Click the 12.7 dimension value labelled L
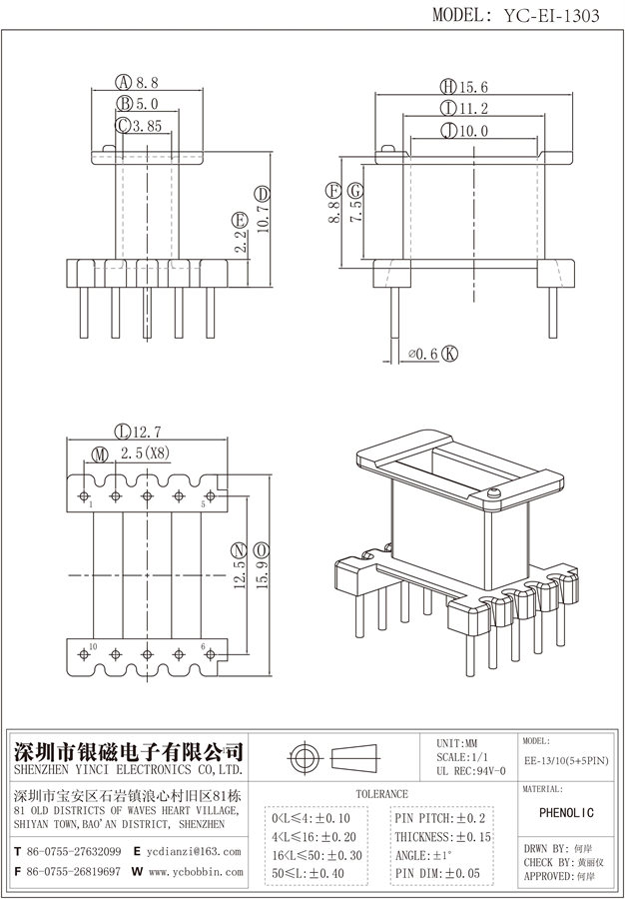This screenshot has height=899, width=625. [x=145, y=432]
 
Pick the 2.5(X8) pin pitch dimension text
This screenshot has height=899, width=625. [x=146, y=454]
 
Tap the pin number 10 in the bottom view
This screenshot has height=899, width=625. [x=92, y=647]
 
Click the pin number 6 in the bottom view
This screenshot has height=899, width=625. [x=204, y=647]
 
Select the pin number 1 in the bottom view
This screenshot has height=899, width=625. [x=91, y=506]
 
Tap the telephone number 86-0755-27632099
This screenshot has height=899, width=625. [x=77, y=852]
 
